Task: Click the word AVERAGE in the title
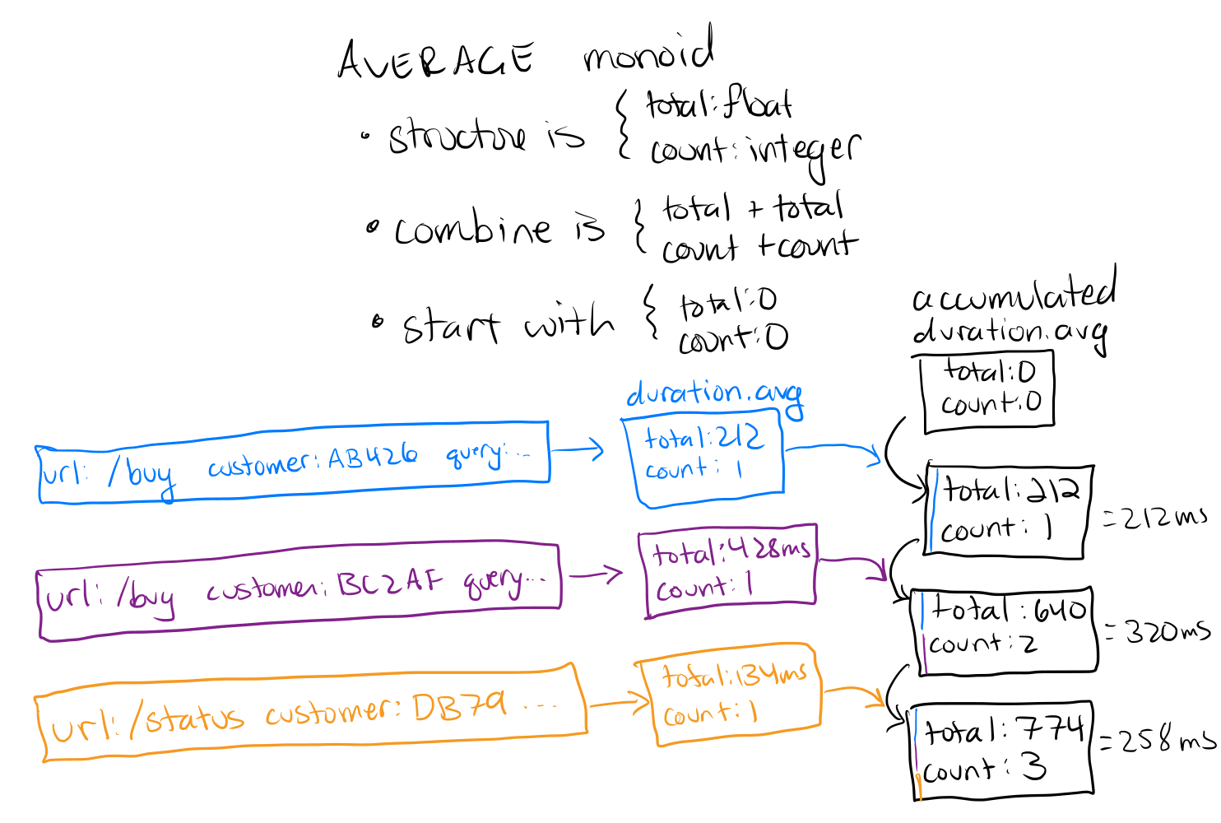point(436,60)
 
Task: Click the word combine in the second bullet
point(472,229)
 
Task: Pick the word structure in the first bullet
point(457,136)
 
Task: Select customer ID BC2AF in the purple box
point(391,583)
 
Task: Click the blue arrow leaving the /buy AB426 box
point(578,450)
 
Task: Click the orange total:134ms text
point(734,675)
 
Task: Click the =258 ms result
point(1157,740)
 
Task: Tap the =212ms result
point(1155,518)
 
